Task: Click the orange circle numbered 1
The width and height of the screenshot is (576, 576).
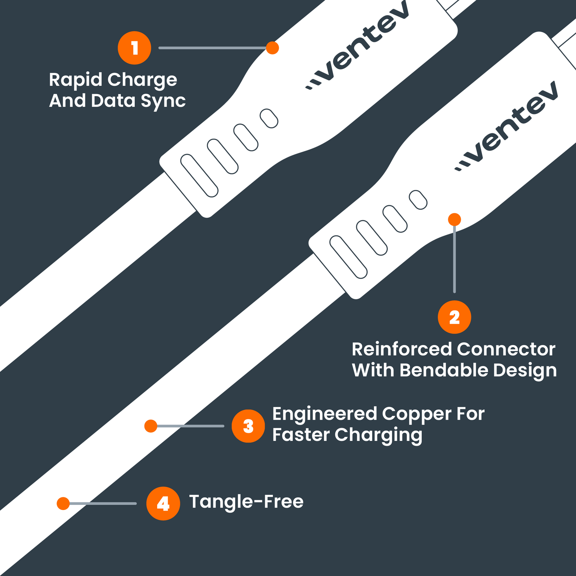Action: [134, 48]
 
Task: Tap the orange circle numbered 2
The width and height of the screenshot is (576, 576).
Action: [454, 317]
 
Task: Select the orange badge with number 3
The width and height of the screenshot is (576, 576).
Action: [248, 426]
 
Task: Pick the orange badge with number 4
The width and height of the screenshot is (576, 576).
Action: [163, 503]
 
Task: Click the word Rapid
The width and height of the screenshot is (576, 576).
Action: [76, 80]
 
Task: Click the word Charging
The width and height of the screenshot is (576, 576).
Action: [379, 435]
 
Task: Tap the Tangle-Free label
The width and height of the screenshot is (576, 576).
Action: [246, 501]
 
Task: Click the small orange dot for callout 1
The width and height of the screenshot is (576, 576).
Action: [272, 48]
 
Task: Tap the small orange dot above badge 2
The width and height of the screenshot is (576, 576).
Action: [454, 220]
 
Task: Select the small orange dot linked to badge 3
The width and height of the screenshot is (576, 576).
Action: [151, 426]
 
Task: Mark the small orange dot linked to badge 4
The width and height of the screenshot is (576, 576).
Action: [63, 503]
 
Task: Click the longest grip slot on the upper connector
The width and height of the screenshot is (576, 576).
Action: [199, 175]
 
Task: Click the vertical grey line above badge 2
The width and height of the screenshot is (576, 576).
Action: [454, 259]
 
